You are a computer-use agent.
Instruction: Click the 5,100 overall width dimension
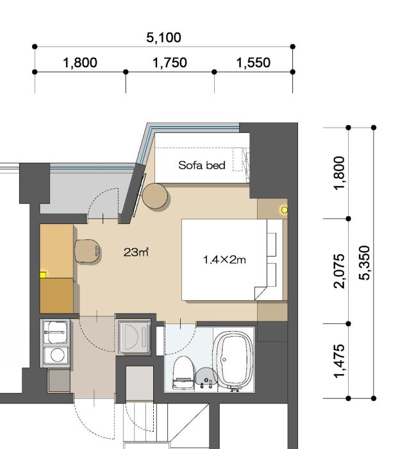163,38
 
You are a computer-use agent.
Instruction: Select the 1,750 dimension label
170,63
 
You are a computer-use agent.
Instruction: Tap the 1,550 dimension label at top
253,63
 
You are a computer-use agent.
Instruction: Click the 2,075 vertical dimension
340,271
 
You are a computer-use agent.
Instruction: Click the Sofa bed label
202,165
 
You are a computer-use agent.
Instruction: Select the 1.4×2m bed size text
224,260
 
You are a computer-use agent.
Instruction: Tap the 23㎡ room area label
136,252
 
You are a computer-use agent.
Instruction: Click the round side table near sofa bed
156,196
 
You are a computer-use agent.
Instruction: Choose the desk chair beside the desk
87,251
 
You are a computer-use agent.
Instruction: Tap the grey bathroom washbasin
205,378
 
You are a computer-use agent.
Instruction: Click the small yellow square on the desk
43,275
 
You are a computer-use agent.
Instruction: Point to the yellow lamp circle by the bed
284,210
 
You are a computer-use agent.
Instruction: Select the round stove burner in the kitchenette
57,355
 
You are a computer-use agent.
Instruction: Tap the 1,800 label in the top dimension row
80,63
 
